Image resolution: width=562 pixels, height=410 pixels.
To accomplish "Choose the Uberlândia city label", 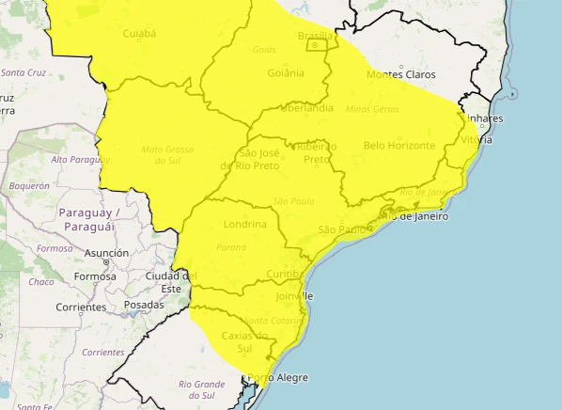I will (304, 108).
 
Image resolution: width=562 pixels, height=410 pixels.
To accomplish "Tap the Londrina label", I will (246, 225).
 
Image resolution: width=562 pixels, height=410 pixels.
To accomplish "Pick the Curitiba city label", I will (282, 274).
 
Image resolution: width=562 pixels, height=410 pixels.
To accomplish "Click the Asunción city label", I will (106, 253).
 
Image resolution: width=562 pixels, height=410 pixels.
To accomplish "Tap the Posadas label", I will (144, 305).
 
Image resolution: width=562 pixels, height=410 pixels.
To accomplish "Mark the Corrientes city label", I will (81, 307).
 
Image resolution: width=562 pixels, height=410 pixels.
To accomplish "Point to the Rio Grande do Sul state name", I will (202, 388).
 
